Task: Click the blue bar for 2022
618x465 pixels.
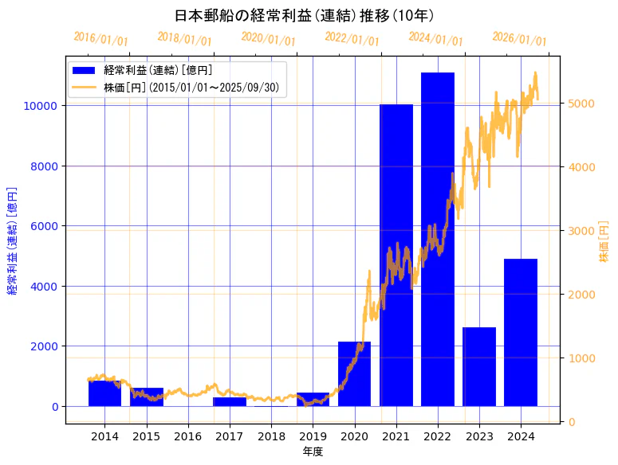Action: click(438, 239)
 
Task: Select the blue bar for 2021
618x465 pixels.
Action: click(396, 255)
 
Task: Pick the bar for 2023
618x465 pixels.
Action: click(479, 366)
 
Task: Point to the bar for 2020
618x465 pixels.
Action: click(354, 374)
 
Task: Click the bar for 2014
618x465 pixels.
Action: click(104, 393)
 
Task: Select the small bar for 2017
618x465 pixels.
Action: click(230, 401)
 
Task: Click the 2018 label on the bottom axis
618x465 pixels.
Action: click(271, 436)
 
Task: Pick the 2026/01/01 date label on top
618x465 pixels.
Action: click(519, 39)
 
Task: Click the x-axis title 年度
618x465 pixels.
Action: click(313, 451)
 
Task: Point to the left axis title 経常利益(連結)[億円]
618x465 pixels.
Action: click(13, 241)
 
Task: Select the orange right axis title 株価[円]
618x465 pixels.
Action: click(604, 242)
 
